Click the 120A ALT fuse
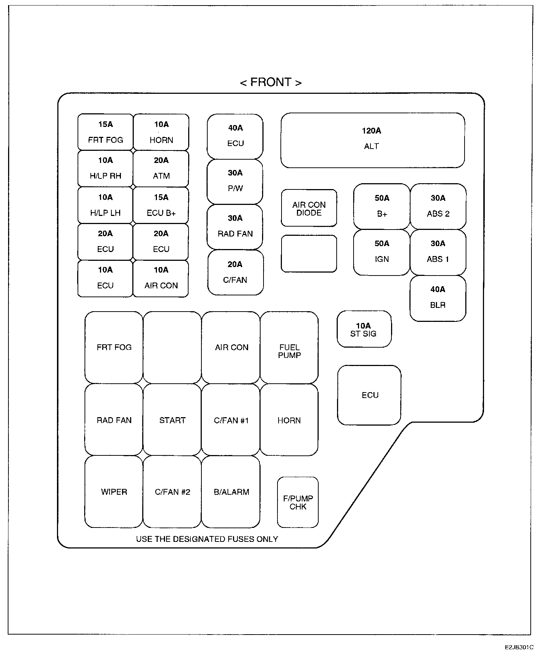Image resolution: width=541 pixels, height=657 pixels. pos(372,140)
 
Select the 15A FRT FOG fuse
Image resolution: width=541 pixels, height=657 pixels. pos(105,132)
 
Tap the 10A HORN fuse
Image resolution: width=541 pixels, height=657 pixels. pos(161,132)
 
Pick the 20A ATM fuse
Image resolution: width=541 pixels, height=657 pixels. pos(161,168)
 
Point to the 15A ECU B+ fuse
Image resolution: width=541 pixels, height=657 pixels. pos(161,205)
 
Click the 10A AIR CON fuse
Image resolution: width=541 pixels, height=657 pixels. pos(161,278)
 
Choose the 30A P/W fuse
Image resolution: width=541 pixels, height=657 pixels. pos(235,181)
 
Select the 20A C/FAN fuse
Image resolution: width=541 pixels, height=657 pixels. pos(235,272)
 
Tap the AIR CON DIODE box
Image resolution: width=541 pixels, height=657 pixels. pos(309,208)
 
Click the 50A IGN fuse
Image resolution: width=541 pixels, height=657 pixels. pos(381,252)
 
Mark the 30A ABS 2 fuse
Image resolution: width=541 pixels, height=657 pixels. pos(438,206)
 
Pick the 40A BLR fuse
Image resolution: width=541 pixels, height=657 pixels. pos(438,298)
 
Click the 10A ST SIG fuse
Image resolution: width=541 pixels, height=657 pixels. pos(364,329)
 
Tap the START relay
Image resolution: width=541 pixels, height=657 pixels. pos(172,420)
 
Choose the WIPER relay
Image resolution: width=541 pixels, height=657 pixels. pos(114,492)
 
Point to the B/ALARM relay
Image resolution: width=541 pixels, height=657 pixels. pos(231,492)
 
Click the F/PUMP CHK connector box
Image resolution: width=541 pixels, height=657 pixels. pos(298,502)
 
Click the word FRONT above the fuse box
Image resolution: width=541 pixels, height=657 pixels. pos(271,82)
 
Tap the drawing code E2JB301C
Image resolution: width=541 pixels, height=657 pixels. pos(519,647)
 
